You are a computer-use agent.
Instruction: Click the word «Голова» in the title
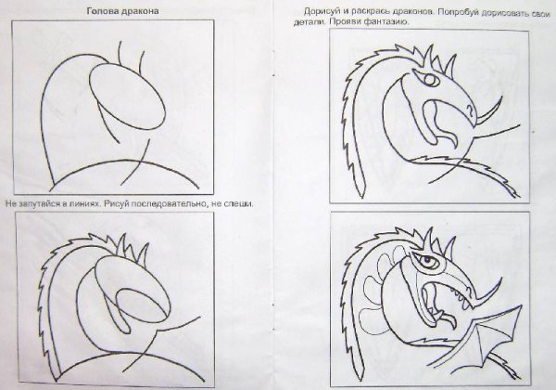(x=103, y=11)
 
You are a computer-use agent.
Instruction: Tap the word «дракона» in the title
(x=140, y=11)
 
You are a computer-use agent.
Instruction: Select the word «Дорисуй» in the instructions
(x=321, y=11)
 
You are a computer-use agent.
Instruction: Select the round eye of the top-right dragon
(x=429, y=80)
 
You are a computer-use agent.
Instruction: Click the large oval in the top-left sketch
(x=127, y=96)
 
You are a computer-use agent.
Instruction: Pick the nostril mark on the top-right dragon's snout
(x=471, y=111)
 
